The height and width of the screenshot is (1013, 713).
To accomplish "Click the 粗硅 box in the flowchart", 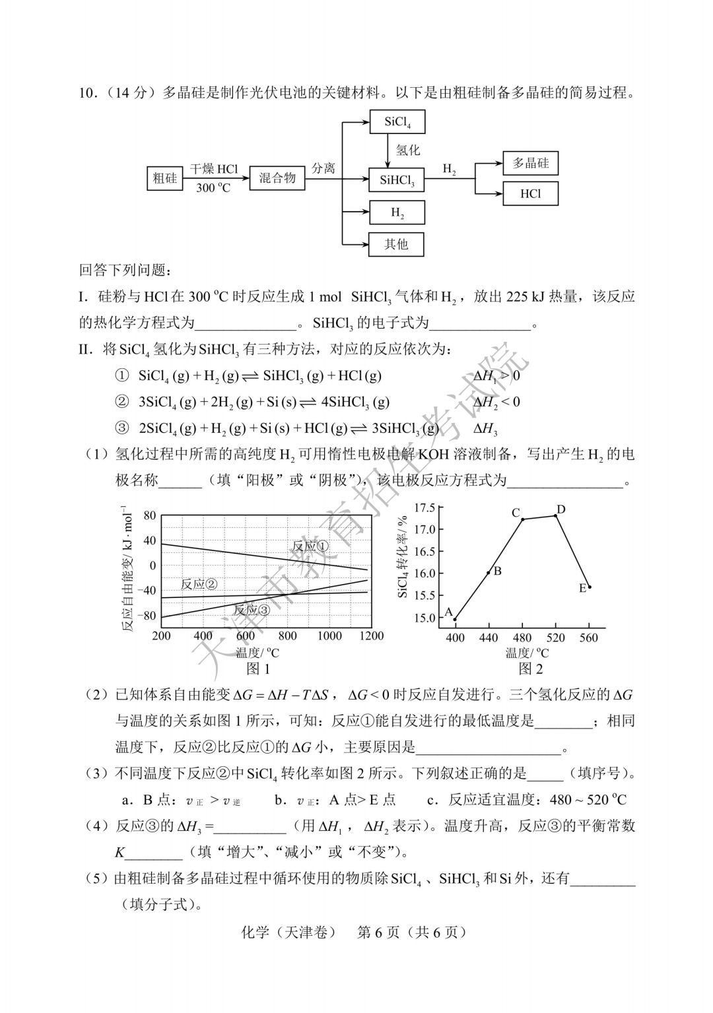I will coord(165,178).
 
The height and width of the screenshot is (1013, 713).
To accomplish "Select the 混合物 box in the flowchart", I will coord(277,178).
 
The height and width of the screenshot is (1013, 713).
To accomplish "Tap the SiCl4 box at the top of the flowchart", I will coord(396,122).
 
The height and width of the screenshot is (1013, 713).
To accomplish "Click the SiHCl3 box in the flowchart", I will coord(396,180).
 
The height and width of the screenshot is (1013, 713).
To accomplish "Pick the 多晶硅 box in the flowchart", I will coord(530,163).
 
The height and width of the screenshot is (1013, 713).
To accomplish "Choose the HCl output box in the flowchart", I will coord(530,194).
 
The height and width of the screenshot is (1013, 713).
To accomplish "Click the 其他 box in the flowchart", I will coord(396,244).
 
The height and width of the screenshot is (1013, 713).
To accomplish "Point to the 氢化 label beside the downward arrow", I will coord(408,150).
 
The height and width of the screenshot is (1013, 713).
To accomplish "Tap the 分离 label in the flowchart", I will coord(323,168).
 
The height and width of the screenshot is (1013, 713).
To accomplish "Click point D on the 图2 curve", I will coord(556,515).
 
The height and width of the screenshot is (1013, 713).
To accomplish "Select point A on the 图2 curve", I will coord(455,619).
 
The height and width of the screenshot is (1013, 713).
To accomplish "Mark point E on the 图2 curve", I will coord(589,587).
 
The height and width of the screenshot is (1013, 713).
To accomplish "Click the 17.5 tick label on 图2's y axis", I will coord(424,507).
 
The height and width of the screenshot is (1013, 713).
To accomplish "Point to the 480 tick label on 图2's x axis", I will coord(522,637).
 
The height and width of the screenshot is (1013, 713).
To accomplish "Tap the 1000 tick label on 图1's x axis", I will coord(329,636).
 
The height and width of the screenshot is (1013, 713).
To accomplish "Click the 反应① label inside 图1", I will coord(310,546).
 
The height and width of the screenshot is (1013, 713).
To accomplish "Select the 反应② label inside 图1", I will coord(199,584).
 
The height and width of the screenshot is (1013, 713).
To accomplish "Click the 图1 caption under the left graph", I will coord(258,669).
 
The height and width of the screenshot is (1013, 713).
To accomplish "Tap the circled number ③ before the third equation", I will coord(121,428).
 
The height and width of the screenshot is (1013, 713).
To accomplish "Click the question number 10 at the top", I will coord(86,92).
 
